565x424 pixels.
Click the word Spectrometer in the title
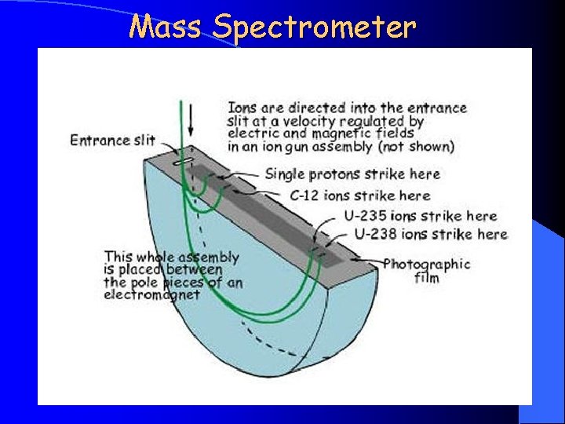pos(313,28)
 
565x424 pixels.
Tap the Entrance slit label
pos(112,141)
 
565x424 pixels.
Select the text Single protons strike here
pos(352,174)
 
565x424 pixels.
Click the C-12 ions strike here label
pos(360,196)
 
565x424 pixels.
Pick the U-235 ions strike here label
pos(420,216)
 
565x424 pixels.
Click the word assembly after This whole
pos(208,257)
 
